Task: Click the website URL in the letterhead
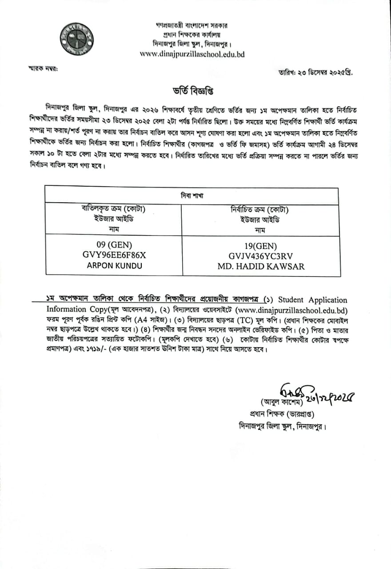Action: pyautogui.click(x=192, y=54)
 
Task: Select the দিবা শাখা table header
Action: pyautogui.click(x=192, y=196)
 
